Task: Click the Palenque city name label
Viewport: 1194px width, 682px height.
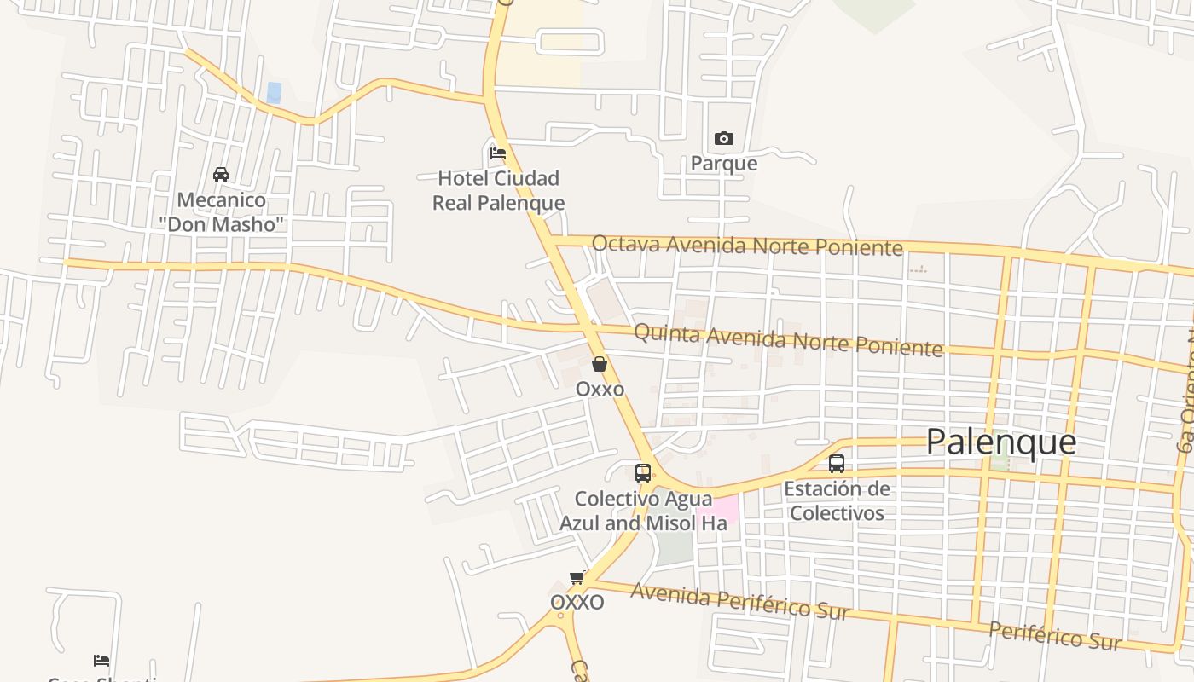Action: [x=1000, y=442]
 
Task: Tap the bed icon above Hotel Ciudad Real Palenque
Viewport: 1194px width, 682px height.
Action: [x=498, y=153]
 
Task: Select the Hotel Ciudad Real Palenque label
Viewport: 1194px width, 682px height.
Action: [x=498, y=190]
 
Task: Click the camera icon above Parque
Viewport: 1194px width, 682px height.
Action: [x=723, y=138]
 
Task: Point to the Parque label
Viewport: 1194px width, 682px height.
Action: [x=723, y=163]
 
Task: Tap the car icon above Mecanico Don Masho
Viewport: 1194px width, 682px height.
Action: [x=221, y=175]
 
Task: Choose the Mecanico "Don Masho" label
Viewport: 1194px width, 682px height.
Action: [x=221, y=212]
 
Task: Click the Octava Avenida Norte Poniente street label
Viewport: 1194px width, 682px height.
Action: [x=746, y=246]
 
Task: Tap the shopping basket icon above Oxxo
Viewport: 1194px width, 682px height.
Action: [x=600, y=364]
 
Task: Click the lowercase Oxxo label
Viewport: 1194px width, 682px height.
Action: [x=600, y=389]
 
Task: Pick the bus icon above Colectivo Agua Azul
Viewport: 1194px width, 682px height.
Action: [x=643, y=472]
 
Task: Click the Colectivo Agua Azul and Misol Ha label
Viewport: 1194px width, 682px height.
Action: [x=643, y=511]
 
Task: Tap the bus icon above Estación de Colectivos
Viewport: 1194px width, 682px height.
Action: [x=837, y=464]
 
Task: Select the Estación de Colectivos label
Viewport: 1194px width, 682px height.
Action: [x=837, y=501]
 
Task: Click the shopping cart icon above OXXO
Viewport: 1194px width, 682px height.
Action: [x=577, y=578]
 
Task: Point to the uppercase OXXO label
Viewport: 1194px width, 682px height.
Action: [x=577, y=603]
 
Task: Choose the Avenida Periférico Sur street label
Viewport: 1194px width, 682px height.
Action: [x=739, y=601]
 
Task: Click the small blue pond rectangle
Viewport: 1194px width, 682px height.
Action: [x=274, y=92]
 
